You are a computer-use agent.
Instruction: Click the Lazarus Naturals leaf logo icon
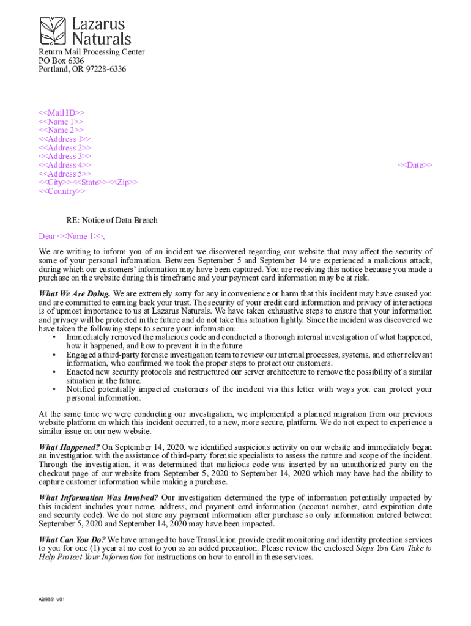[x=54, y=31]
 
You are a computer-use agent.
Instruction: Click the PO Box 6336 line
[x=61, y=61]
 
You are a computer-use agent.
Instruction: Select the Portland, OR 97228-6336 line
[x=83, y=69]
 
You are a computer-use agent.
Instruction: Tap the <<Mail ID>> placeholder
[x=62, y=113]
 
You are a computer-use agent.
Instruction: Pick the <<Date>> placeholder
[x=415, y=165]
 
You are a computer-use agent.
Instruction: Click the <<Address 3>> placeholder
[x=65, y=156]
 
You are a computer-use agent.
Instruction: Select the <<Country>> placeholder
[x=62, y=191]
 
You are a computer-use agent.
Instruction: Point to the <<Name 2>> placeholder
[x=61, y=130]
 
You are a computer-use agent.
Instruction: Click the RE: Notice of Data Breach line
[x=112, y=220]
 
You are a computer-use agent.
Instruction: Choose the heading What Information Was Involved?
[x=98, y=498]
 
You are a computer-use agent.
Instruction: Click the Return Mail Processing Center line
[x=92, y=52]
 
